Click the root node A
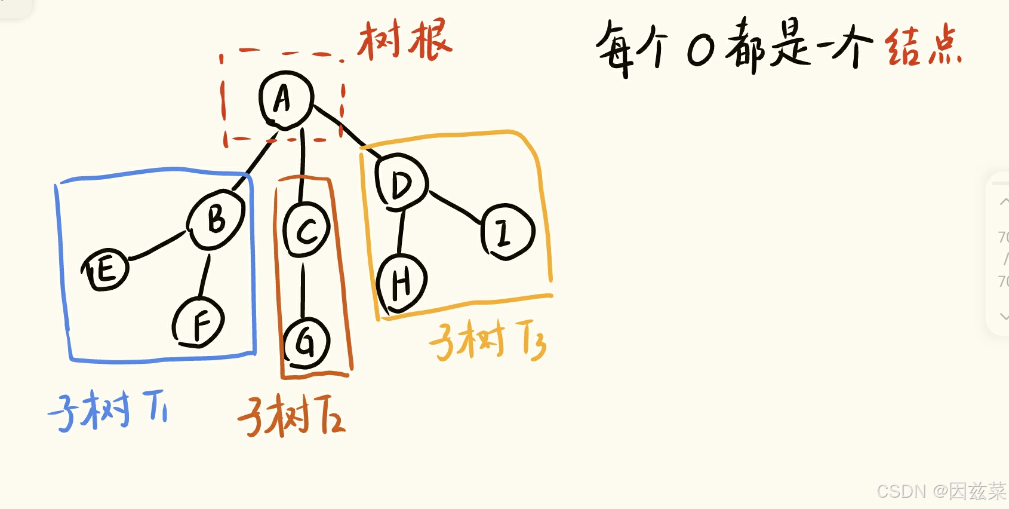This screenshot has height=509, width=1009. pos(286,99)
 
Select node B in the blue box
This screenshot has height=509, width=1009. pos(216,219)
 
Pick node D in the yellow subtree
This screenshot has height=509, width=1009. pos(401,182)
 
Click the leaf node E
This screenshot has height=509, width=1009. pos(106,270)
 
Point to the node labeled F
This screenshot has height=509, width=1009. pos(199,323)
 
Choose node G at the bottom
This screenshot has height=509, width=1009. pos(306,344)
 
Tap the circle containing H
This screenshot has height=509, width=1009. pos(402,282)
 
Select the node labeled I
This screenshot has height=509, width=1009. pos(506,232)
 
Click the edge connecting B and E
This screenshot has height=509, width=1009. pos(157,246)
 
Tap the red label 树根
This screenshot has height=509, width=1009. pos(405,40)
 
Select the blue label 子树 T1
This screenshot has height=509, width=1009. pos(108,410)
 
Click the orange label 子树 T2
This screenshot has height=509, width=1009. pos(291,416)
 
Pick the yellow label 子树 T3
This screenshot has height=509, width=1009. pos(487,341)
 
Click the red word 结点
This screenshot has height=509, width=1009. pos(923,47)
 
